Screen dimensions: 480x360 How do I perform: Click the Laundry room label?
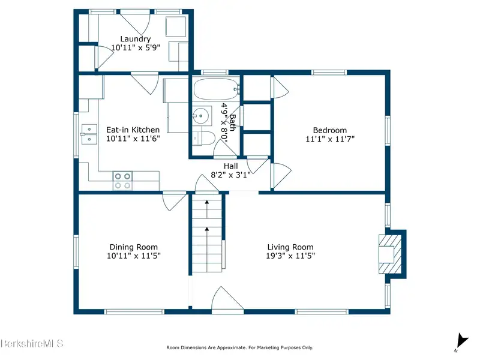[x=136, y=39]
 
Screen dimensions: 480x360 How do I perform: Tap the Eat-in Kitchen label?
[x=133, y=130]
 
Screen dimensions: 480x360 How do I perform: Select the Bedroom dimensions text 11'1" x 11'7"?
[x=330, y=139]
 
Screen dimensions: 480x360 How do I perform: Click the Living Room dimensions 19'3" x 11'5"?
[x=290, y=256]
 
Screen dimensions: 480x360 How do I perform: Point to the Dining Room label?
[x=133, y=247]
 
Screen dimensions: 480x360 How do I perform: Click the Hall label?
[x=230, y=166]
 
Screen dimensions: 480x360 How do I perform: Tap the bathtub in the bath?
[x=216, y=89]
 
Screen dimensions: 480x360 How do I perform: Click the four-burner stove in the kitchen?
[x=122, y=181]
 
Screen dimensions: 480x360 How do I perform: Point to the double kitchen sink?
[x=89, y=134]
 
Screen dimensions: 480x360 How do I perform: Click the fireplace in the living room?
[x=390, y=254]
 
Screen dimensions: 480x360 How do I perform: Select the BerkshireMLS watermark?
[x=32, y=343]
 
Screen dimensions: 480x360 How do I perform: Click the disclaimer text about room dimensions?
[x=239, y=347]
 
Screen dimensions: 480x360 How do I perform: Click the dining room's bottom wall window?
[x=134, y=311]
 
